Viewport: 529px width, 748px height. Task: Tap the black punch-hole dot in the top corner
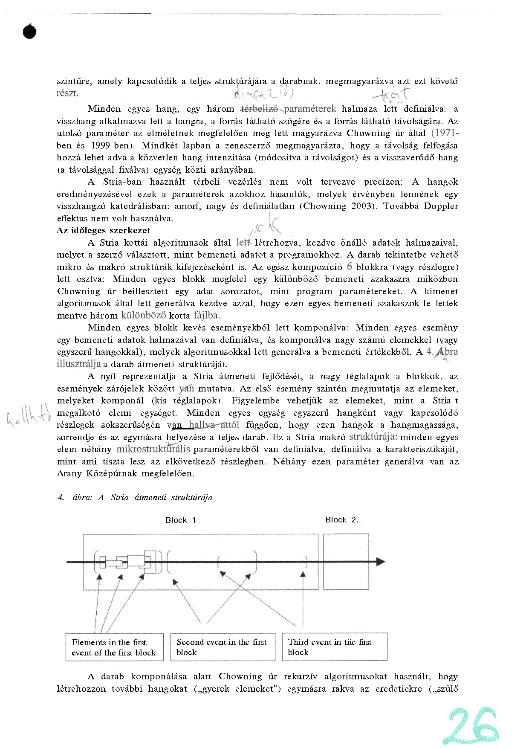tap(29, 32)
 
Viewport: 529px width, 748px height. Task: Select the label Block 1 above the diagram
tap(181, 520)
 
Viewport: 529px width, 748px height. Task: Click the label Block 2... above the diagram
tap(344, 520)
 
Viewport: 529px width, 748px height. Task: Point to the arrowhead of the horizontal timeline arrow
tap(380, 562)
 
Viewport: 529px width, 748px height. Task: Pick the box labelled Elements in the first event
tap(114, 647)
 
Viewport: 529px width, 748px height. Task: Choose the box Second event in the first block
tap(223, 647)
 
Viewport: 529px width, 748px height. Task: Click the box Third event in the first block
tap(335, 647)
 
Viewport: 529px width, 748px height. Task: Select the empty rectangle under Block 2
tap(346, 562)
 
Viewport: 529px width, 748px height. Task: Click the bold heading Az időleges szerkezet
tap(104, 231)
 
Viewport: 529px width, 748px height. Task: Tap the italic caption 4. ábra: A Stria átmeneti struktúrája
tap(135, 497)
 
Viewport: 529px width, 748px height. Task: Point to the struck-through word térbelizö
tap(259, 109)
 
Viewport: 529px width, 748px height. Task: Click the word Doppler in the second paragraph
tap(441, 206)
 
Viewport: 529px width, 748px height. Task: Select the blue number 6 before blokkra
tap(350, 267)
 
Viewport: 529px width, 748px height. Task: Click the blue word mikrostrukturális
tap(153, 449)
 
